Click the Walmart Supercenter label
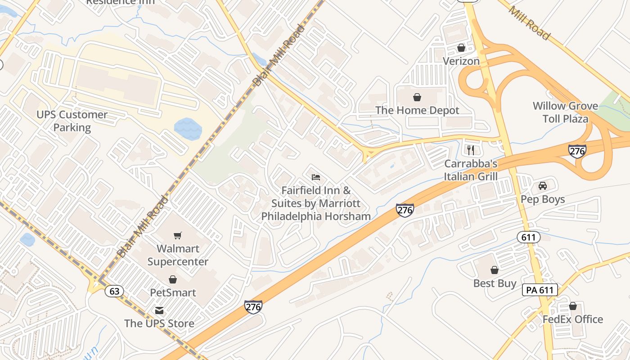[x=178, y=255]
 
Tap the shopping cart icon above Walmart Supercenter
[x=178, y=235]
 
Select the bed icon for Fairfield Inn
[x=316, y=177]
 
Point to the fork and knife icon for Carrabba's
[x=471, y=150]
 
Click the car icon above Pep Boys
[x=543, y=186]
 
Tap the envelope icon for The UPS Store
[x=159, y=310]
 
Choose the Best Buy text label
[x=495, y=283]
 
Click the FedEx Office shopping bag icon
[x=572, y=306]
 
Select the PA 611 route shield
[x=540, y=290]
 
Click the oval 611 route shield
[x=528, y=237]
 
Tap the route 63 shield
[x=114, y=291]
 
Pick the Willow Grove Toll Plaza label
[x=565, y=112]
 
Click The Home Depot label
[x=417, y=110]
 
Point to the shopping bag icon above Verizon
[x=461, y=48]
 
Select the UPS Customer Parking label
[x=72, y=121]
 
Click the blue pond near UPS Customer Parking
[x=188, y=129]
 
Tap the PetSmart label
[x=173, y=292]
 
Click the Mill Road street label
[x=529, y=22]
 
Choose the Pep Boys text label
[x=543, y=199]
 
